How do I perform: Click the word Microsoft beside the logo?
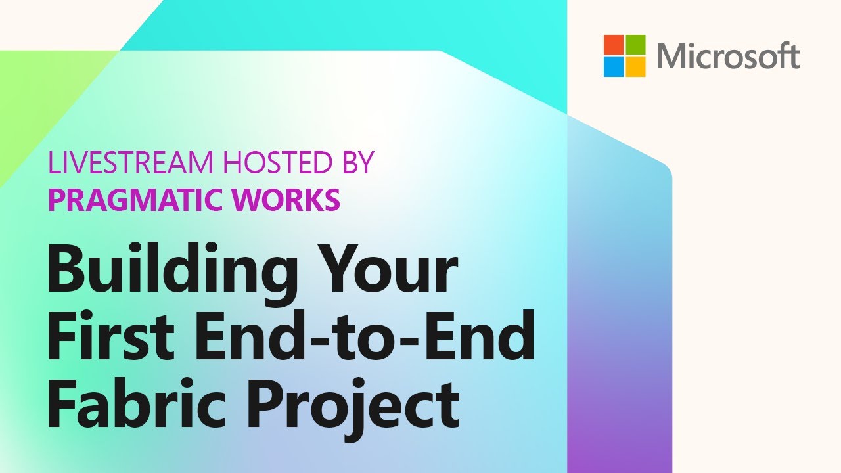728,56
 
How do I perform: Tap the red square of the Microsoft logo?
614,45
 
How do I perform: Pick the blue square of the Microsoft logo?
614,66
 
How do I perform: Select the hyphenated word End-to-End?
365,338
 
